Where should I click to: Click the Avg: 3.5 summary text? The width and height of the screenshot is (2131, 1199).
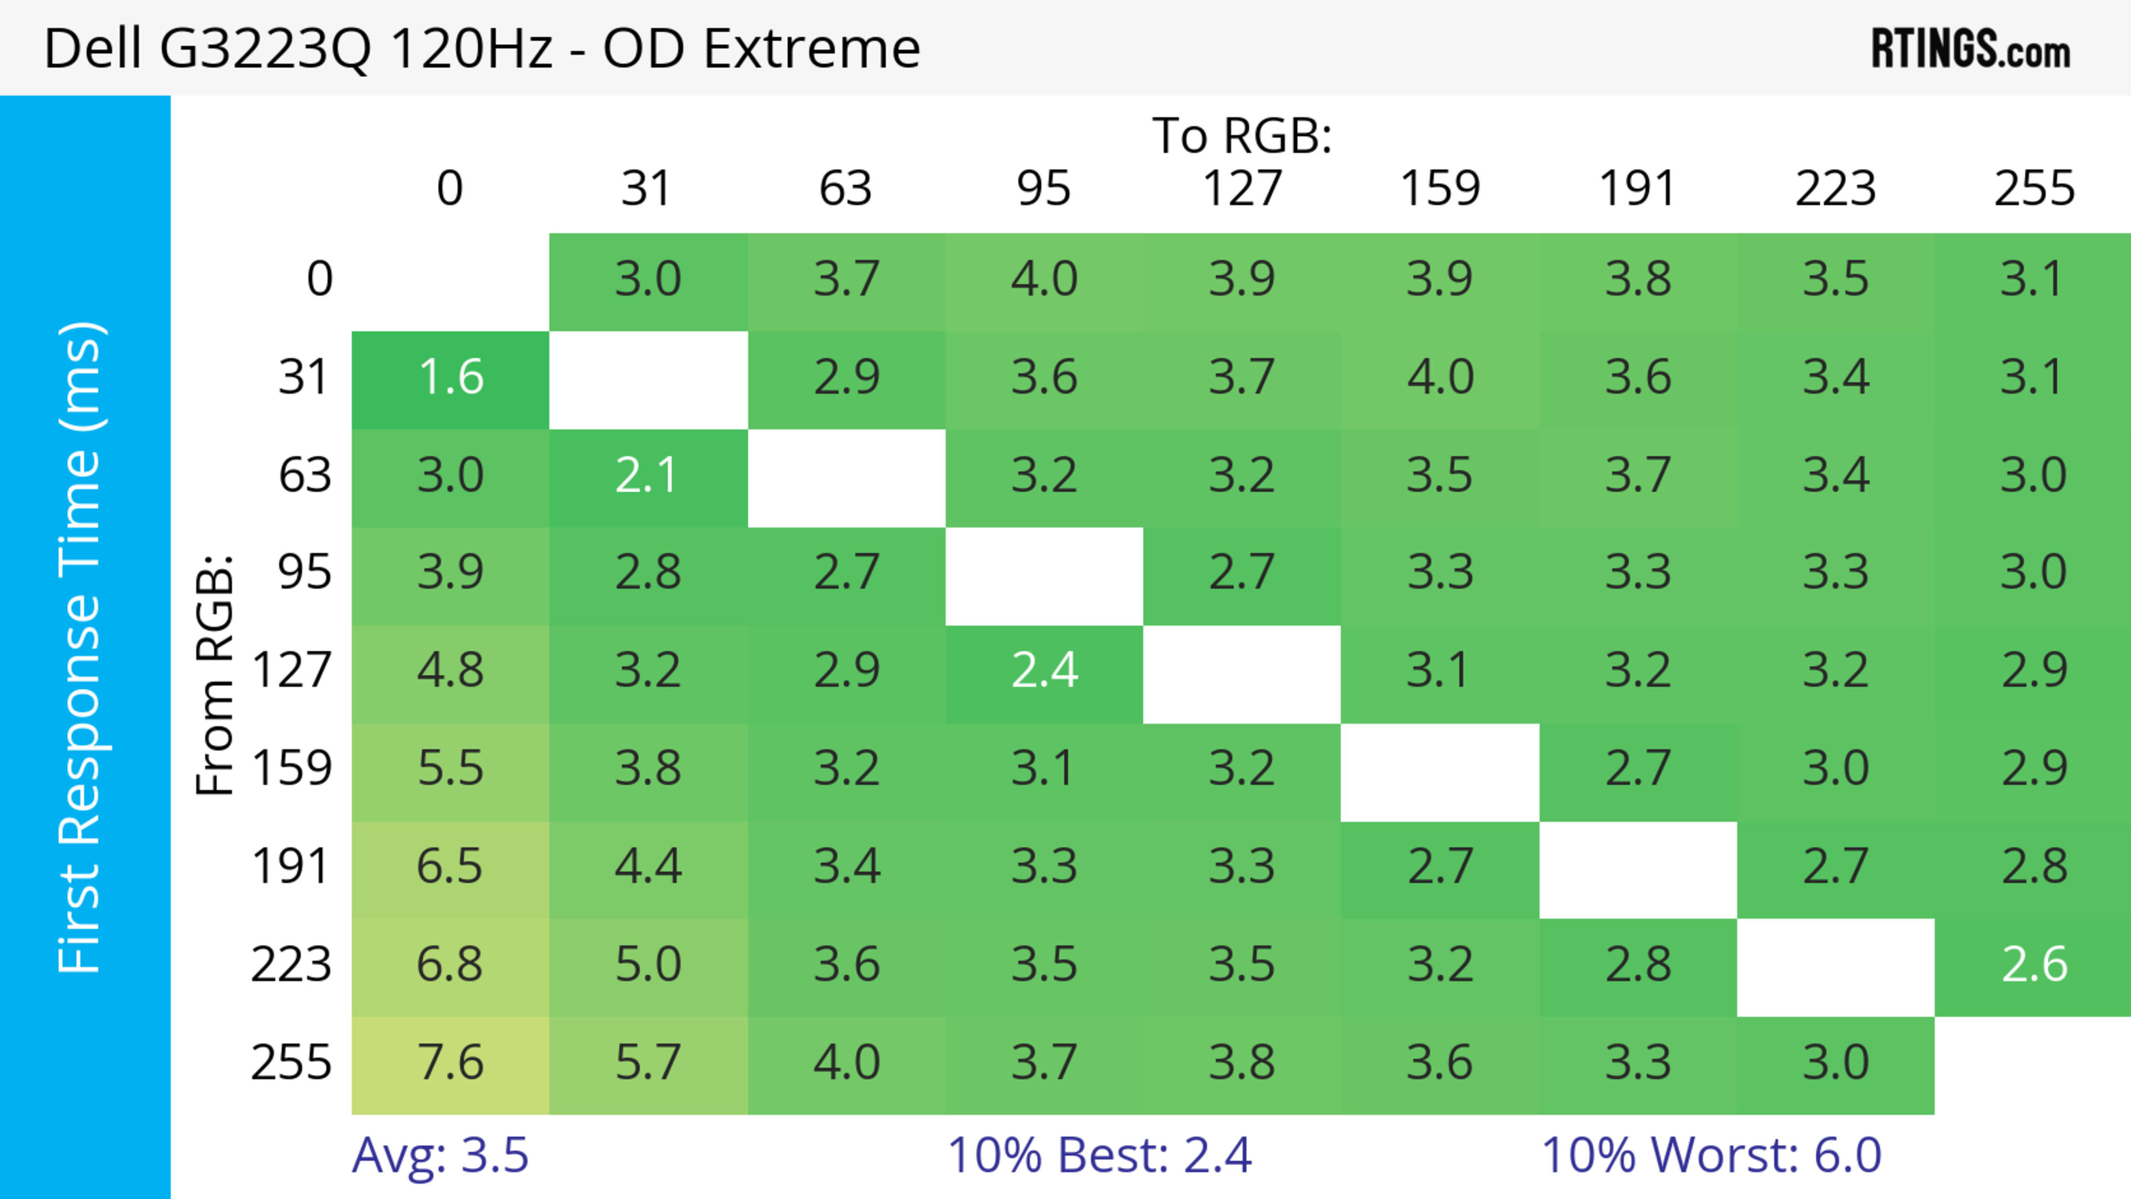click(x=440, y=1155)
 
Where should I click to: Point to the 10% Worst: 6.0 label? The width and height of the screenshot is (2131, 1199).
click(x=1711, y=1155)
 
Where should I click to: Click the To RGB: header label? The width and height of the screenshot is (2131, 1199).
click(x=1242, y=135)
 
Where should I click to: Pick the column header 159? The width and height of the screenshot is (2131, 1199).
click(x=1440, y=189)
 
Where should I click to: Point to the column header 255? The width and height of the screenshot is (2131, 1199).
click(x=2033, y=189)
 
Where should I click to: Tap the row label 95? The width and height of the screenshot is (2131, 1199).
click(x=305, y=572)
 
